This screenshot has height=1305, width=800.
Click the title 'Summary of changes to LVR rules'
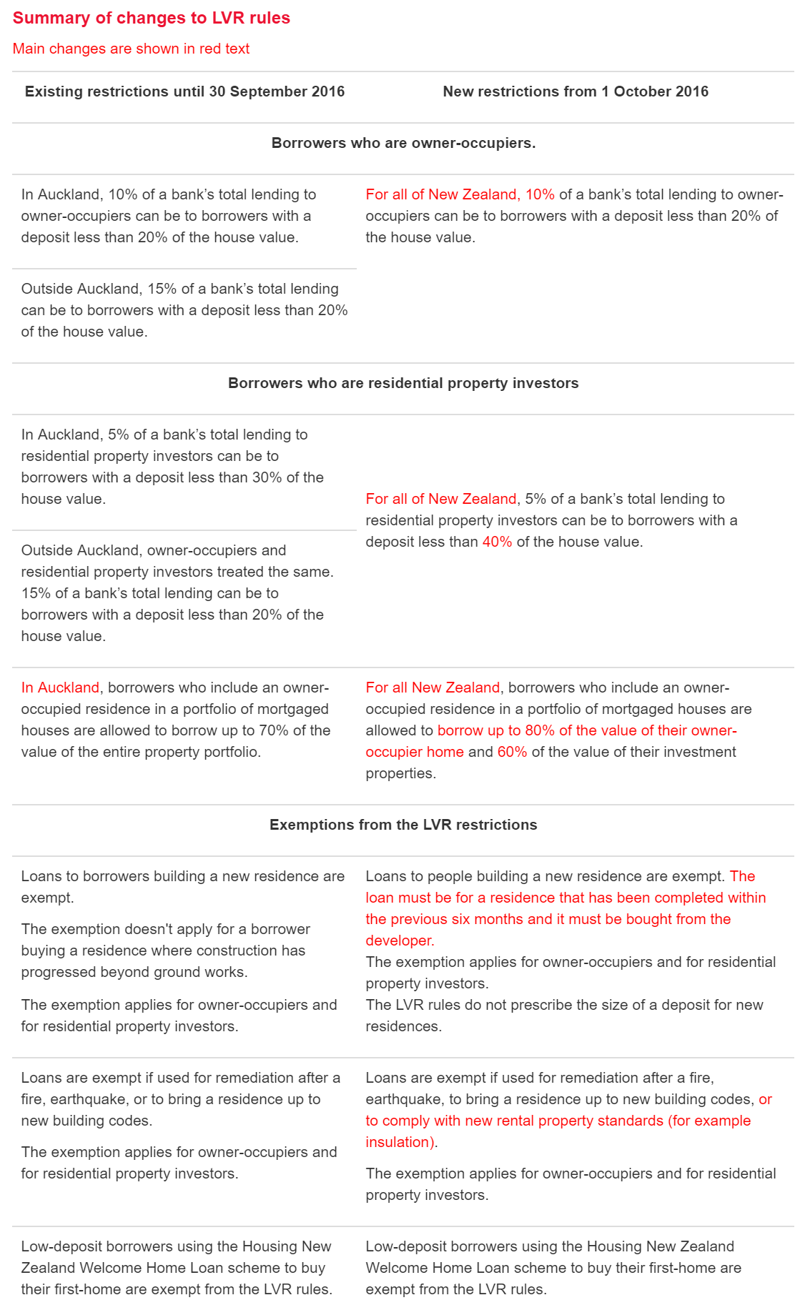pos(152,18)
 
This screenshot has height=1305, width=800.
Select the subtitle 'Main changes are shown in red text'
pos(131,49)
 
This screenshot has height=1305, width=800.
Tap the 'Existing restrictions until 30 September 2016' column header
pos(184,91)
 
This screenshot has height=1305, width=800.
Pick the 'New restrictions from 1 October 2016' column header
pos(576,91)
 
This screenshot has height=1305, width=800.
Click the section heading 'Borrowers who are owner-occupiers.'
pos(403,143)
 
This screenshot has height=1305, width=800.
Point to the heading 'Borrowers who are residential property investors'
pos(403,383)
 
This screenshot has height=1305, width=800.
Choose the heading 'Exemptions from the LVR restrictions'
pos(403,825)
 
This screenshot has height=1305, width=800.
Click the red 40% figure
pos(497,542)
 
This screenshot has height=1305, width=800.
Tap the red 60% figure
pos(512,752)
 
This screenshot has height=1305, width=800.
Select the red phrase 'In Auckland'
pos(60,688)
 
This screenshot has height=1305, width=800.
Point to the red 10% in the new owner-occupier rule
pos(540,194)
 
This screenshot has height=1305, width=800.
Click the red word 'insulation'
pos(398,1142)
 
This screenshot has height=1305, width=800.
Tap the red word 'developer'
pos(399,941)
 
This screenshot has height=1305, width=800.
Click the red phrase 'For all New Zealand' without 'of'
pos(433,688)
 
